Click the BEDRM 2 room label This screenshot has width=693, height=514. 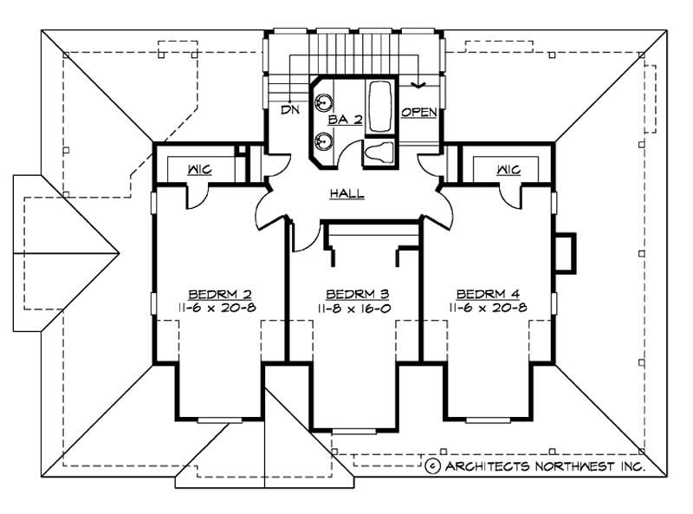click(220, 294)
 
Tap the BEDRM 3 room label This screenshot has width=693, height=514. click(355, 294)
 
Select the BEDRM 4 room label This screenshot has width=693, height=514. click(487, 294)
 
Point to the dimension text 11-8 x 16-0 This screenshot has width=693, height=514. click(355, 308)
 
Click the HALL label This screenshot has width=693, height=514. click(346, 194)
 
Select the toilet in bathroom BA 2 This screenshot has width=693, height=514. click(379, 153)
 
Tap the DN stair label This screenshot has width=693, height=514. click(288, 110)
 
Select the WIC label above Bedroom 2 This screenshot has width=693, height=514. click(200, 169)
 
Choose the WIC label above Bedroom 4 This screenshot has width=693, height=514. click(508, 169)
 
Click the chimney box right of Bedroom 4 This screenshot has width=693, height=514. click(564, 252)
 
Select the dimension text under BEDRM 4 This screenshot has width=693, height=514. click(487, 308)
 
